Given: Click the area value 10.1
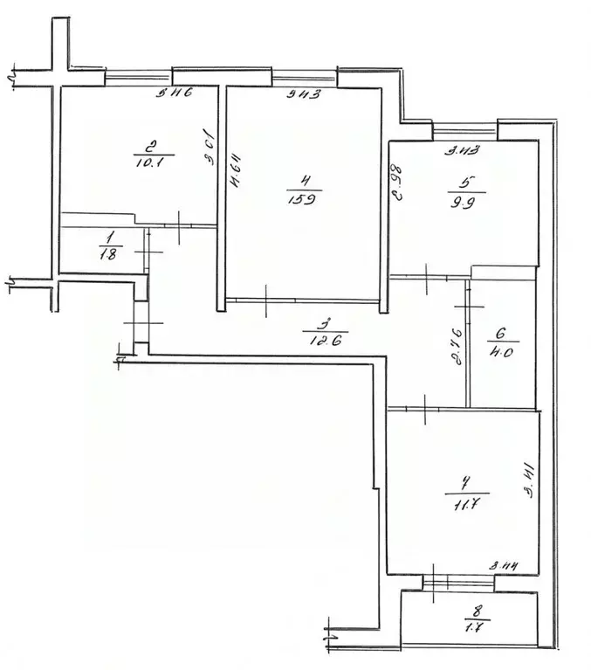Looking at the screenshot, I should [x=153, y=161].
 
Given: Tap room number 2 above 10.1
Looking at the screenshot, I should [x=152, y=146].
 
